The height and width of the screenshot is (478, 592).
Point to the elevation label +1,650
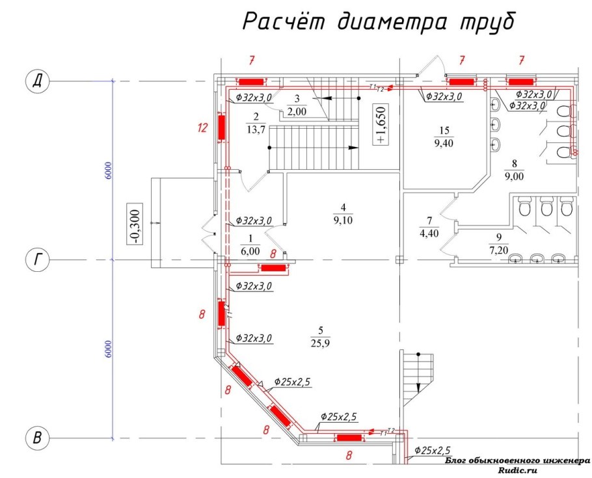(x=381, y=124)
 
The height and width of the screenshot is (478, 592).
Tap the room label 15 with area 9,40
(x=444, y=137)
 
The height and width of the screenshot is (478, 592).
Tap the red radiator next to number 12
(x=222, y=127)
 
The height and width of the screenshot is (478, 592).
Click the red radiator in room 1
(x=274, y=267)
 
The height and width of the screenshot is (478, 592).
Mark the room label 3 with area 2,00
(x=297, y=105)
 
